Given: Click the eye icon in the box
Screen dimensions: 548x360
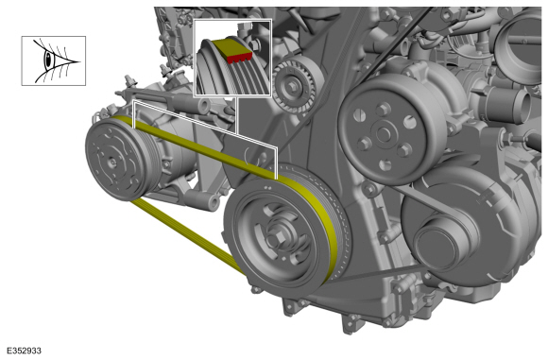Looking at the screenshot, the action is coord(53,60).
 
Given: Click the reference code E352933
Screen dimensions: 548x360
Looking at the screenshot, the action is coord(24,351).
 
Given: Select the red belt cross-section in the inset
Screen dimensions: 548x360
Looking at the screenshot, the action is coord(239,57).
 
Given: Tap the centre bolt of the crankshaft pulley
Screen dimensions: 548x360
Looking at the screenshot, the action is coord(277,238).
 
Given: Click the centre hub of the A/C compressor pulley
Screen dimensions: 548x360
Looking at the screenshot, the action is coord(112,162).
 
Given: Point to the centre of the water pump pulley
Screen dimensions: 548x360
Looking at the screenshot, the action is coord(384,134).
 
